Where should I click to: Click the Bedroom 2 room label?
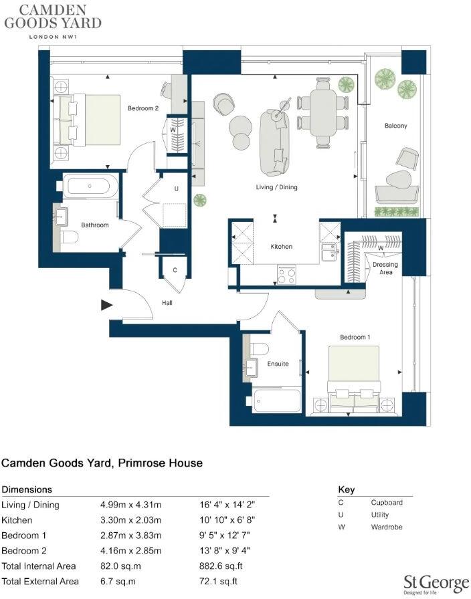[143, 108]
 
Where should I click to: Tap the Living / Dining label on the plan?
[276, 187]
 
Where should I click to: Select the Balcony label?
[395, 126]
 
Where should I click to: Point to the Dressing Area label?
[385, 269]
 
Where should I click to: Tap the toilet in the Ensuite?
[260, 348]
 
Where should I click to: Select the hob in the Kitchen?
[286, 275]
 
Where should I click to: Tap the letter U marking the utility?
[177, 189]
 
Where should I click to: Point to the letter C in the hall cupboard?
[175, 271]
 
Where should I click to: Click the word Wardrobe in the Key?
[386, 527]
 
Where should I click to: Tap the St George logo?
[436, 583]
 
